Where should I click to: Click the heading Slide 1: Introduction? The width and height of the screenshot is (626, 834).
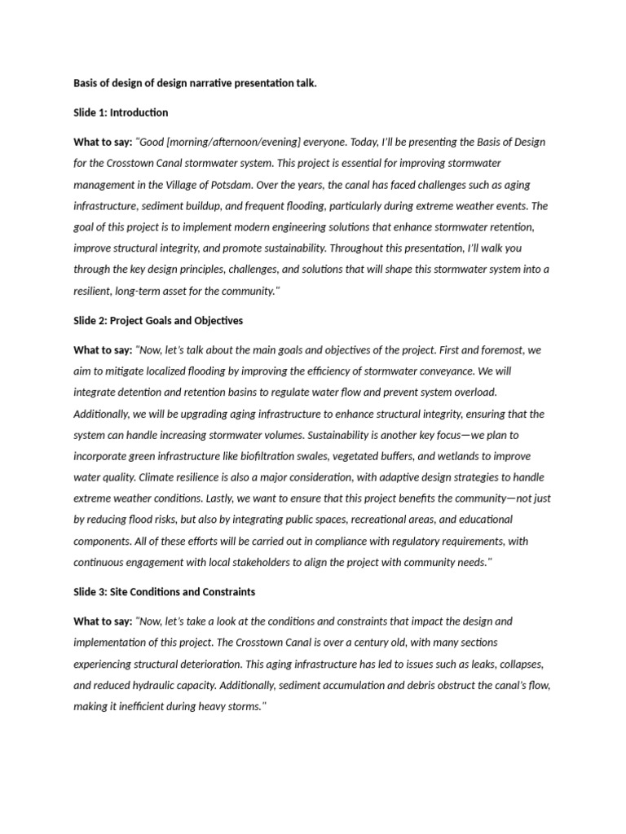click(x=121, y=112)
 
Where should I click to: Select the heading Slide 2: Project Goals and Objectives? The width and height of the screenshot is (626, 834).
click(x=158, y=321)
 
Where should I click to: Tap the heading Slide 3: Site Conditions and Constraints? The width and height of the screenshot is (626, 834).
click(x=164, y=591)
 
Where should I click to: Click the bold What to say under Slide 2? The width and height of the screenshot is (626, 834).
click(x=103, y=350)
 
